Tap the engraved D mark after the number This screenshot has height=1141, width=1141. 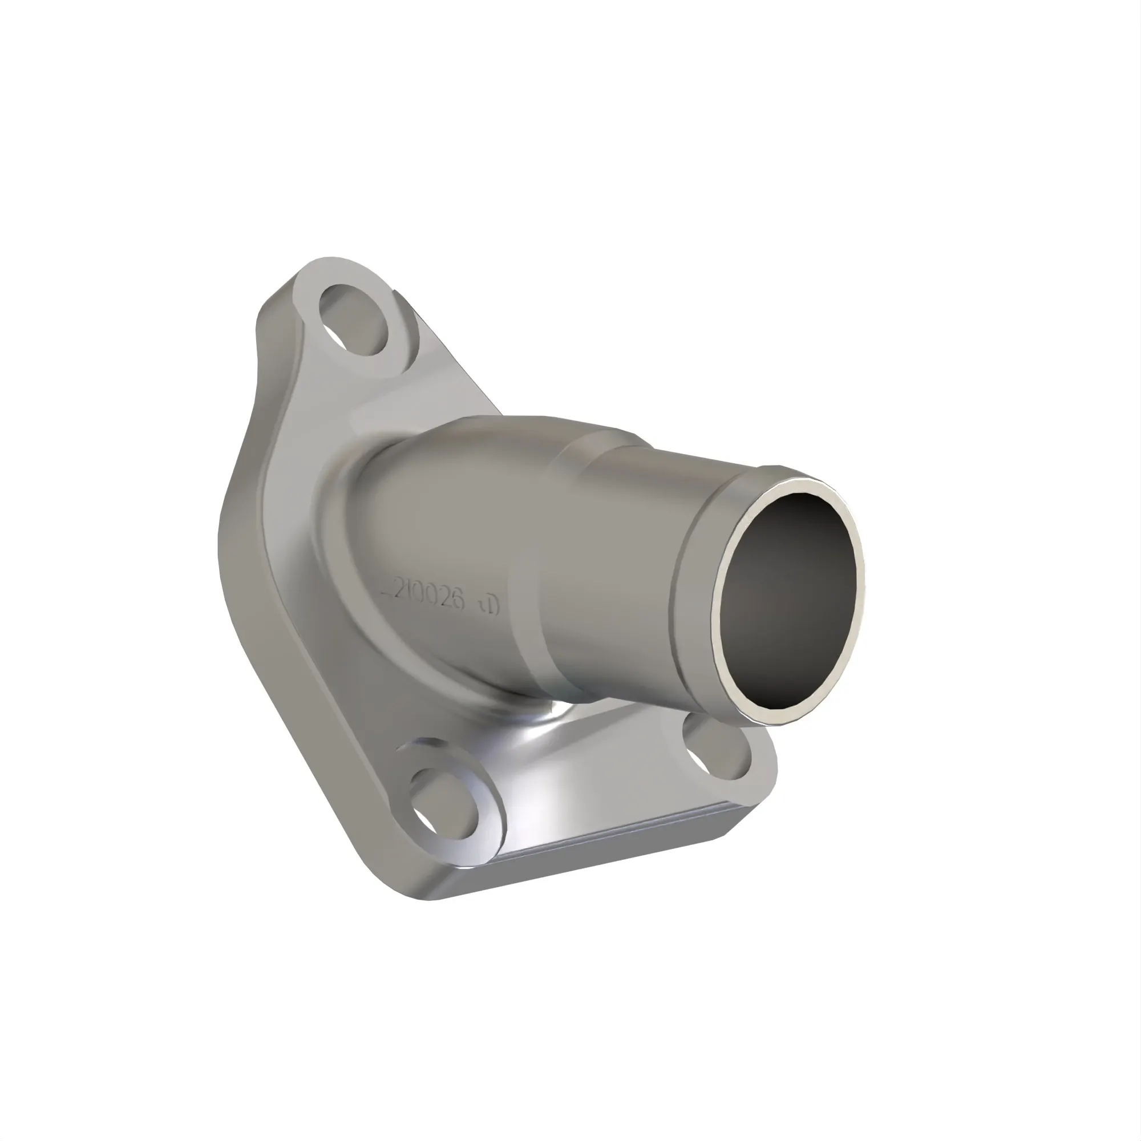(x=491, y=605)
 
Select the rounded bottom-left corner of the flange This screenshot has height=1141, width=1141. (x=414, y=886)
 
